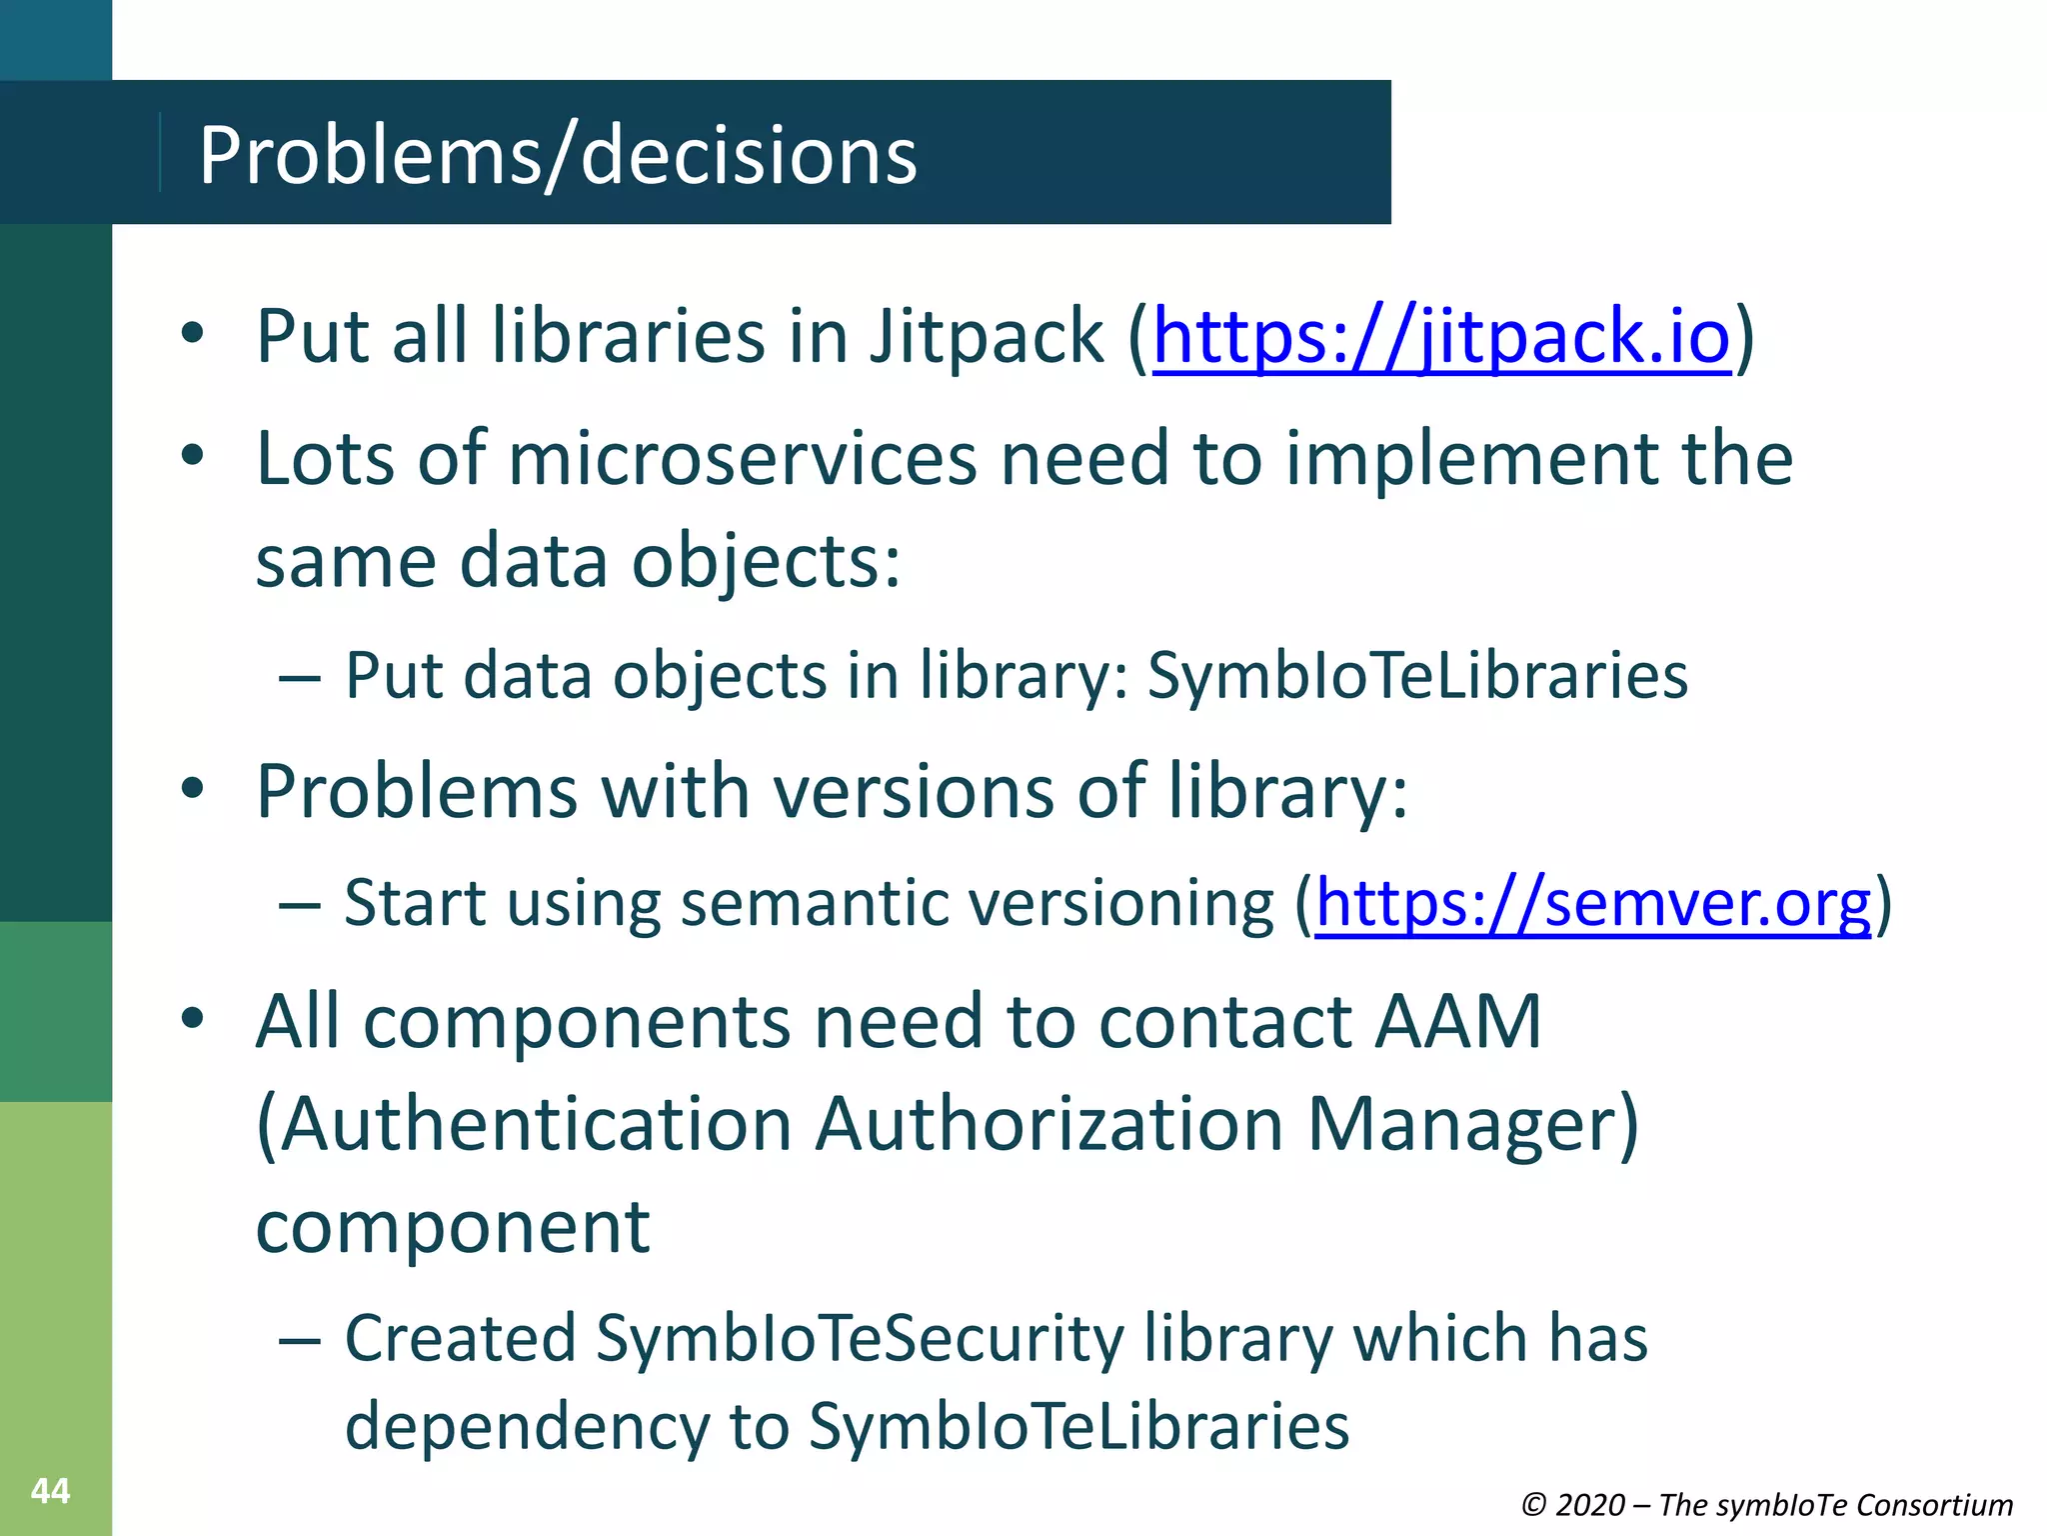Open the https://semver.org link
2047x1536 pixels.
pyautogui.click(x=1592, y=903)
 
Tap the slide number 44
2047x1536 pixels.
pyautogui.click(x=50, y=1491)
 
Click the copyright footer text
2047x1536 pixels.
pyautogui.click(x=1766, y=1504)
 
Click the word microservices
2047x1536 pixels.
pyautogui.click(x=743, y=459)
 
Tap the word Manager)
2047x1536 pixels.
pyautogui.click(x=1473, y=1124)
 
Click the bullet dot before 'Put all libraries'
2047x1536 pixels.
pyautogui.click(x=193, y=334)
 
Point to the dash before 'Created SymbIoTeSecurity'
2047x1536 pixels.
pyautogui.click(x=300, y=1340)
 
